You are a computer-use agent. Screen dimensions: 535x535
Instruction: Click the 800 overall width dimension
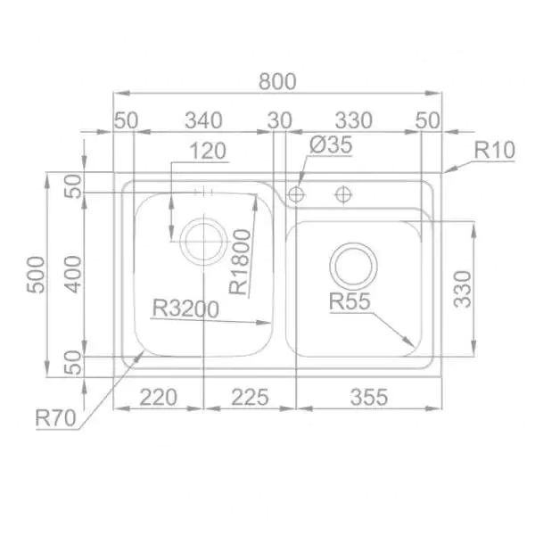277,81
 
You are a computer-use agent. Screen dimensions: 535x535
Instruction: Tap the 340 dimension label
203,120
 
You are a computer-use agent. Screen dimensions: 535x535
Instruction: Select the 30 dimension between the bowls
279,120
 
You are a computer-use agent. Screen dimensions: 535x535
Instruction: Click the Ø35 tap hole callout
331,145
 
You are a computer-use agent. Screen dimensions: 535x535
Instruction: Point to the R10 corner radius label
494,150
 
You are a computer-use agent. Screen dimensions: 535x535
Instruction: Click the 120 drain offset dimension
208,152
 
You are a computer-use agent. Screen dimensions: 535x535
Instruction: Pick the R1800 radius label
240,261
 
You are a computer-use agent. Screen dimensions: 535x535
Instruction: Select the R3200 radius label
185,309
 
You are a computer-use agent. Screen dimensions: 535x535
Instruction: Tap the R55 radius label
350,301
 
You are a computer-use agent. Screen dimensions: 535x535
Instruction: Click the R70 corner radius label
55,418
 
